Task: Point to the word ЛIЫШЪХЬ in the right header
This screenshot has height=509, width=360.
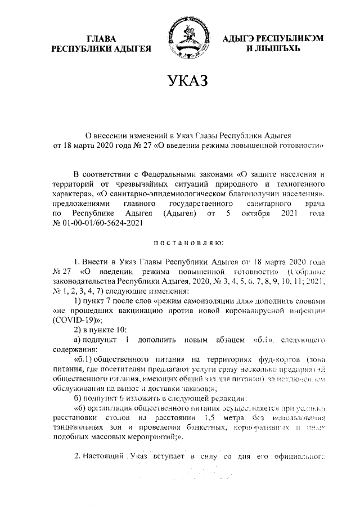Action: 274,49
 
